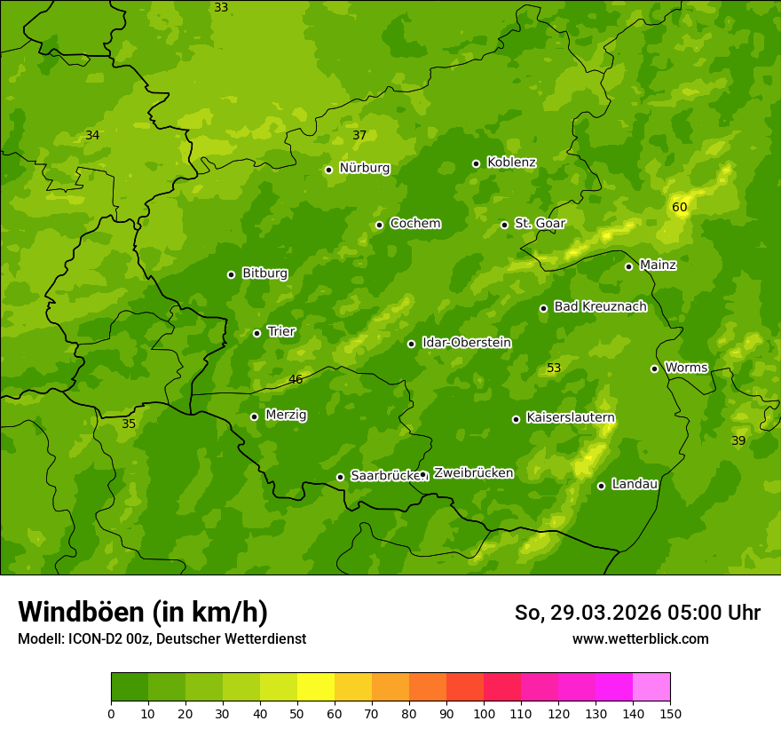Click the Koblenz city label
[511, 162]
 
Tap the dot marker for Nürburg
[328, 170]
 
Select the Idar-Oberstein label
[466, 343]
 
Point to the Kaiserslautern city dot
[516, 419]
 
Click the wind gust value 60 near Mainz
[680, 207]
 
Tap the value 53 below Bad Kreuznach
[554, 368]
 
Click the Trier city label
[281, 331]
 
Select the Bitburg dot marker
[231, 274]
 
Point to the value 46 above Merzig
[296, 379]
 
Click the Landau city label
[635, 484]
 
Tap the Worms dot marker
[654, 368]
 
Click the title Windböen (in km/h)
[143, 612]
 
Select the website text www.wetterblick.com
[640, 638]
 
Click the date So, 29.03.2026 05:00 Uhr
[637, 613]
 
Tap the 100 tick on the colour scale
[484, 713]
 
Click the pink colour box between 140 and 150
[651, 687]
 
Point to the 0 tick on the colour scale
[111, 713]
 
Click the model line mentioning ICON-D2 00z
[162, 638]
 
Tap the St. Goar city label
[540, 223]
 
